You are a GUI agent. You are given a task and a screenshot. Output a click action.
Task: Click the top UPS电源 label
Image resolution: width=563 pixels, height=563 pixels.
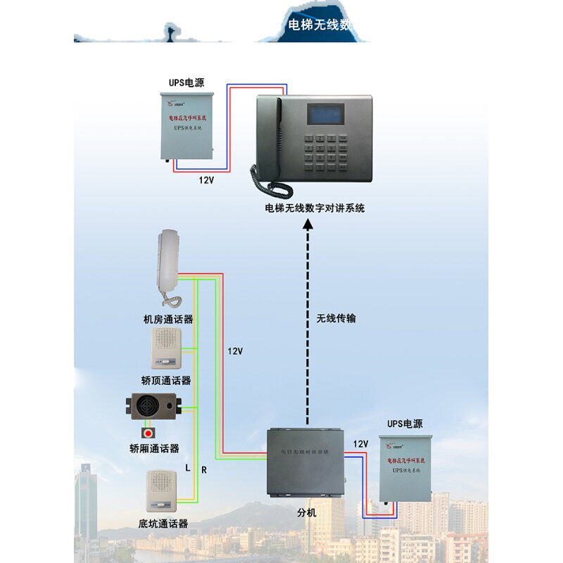pyautogui.click(x=186, y=82)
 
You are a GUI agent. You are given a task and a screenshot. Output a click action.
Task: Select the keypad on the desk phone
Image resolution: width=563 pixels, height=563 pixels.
pyautogui.click(x=326, y=151)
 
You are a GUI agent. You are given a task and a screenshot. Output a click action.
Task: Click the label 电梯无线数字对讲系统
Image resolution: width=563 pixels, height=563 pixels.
pyautogui.click(x=315, y=208)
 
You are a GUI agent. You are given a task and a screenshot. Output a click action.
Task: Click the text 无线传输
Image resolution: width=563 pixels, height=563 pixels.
pyautogui.click(x=336, y=318)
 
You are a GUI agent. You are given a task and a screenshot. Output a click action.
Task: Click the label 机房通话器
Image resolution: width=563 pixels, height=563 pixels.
pyautogui.click(x=168, y=320)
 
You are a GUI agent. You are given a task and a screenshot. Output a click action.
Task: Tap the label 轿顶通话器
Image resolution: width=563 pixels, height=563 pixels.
pyautogui.click(x=166, y=381)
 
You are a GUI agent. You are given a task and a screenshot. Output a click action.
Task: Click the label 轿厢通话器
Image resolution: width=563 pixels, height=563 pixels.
pyautogui.click(x=154, y=448)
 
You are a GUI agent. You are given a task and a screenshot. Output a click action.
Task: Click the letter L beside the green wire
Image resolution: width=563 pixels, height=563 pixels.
pyautogui.click(x=187, y=467)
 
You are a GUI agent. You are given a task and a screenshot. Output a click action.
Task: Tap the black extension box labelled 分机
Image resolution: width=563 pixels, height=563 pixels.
pyautogui.click(x=305, y=462)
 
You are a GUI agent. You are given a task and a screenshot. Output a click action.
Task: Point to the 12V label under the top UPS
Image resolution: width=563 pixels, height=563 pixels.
pyautogui.click(x=205, y=180)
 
